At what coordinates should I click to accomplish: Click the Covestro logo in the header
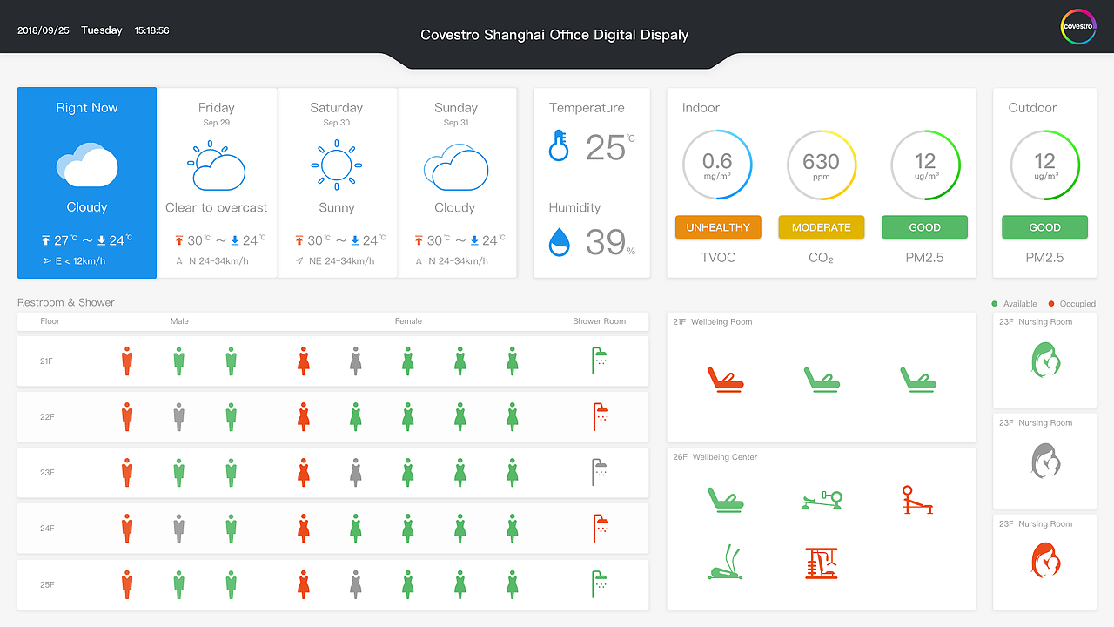coord(1078,26)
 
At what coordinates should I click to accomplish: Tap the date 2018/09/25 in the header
coord(44,30)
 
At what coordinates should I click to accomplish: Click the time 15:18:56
coord(151,30)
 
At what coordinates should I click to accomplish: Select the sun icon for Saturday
coord(336,164)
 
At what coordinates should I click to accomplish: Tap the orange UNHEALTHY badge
coord(718,227)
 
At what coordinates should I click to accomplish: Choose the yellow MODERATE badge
coord(821,227)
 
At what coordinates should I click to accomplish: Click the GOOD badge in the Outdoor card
coord(1044,227)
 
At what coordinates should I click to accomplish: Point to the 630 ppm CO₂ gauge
coord(821,165)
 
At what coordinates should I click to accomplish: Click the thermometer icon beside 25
coord(558,145)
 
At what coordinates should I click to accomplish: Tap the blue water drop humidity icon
coord(559,242)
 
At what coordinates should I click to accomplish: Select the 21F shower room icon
coord(599,361)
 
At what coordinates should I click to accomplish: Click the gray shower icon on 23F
coord(599,472)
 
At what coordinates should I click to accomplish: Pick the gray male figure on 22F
coord(178,417)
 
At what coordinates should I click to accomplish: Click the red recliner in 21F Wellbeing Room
coord(725,380)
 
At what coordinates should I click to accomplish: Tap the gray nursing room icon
coord(1044,461)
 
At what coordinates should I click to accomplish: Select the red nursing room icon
coord(1044,561)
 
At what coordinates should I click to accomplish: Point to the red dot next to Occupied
coord(1051,304)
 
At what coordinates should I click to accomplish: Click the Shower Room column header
coord(599,321)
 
